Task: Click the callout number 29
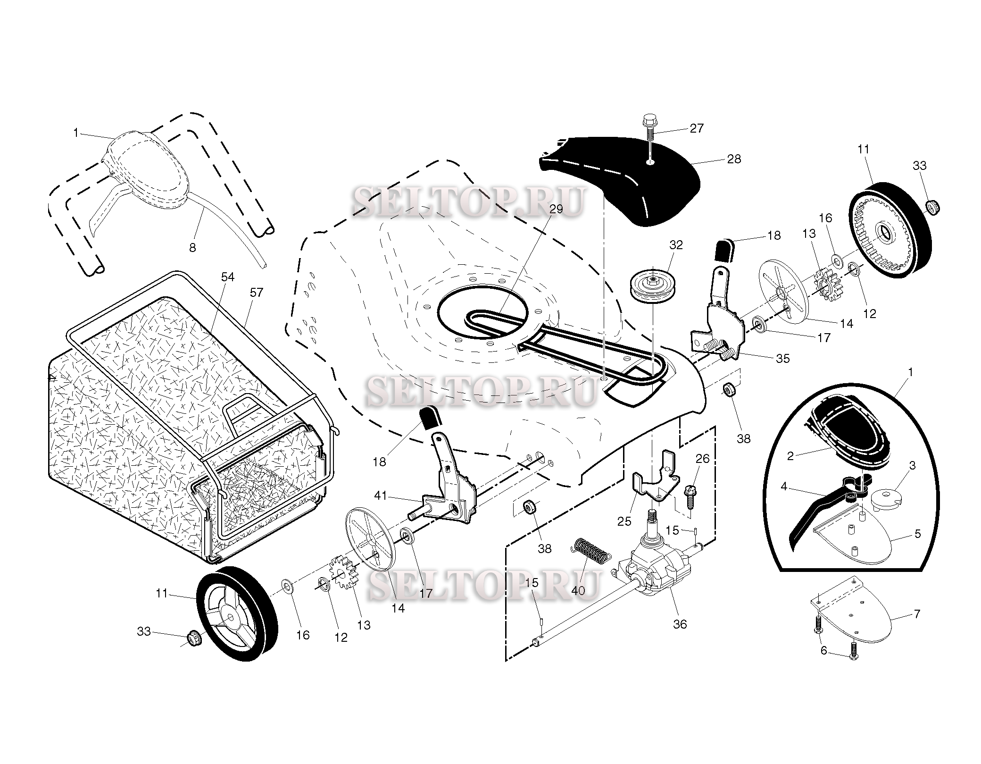(x=557, y=209)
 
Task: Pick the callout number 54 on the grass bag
(x=228, y=277)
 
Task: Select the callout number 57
(x=256, y=293)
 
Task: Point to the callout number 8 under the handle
(x=192, y=247)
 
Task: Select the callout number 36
(x=680, y=624)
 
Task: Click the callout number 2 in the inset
(x=790, y=456)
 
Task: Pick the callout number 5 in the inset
(x=918, y=534)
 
